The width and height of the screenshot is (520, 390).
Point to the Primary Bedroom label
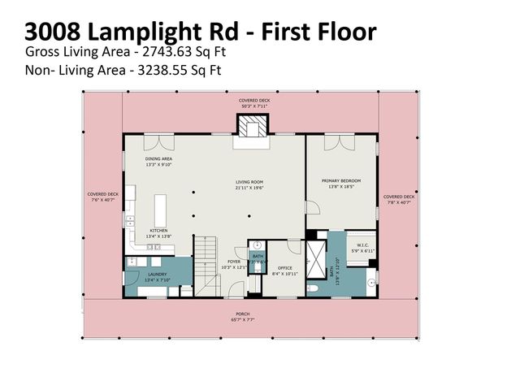[341, 184]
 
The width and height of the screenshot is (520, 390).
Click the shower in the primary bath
[314, 251]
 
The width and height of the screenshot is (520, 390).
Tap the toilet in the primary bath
[370, 283]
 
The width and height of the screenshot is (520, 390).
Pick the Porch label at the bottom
[254, 317]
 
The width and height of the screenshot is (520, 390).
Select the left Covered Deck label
[103, 197]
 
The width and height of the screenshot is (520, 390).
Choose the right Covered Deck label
[399, 199]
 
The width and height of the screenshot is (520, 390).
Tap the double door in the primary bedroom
[336, 143]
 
